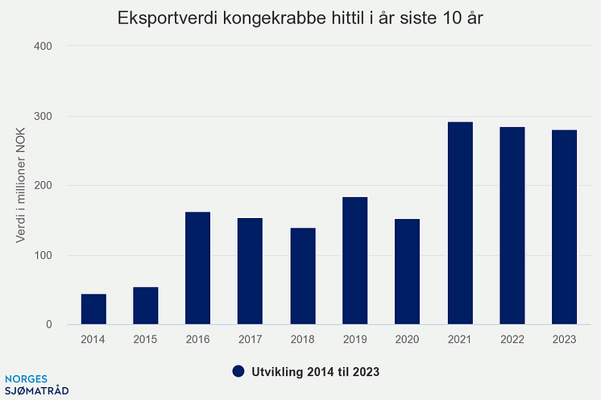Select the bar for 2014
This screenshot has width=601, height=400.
coord(93,309)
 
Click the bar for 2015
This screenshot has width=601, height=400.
coord(146,306)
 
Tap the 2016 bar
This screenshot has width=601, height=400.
coord(198,268)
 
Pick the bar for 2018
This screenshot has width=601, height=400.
coord(303,276)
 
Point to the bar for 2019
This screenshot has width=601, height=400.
coord(355,261)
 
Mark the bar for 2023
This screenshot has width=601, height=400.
coord(564,227)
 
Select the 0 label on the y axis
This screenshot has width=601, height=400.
coord(49,325)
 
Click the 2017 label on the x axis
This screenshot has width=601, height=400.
coord(251,340)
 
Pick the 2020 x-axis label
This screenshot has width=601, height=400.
coord(408,340)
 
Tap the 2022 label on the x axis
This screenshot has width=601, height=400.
coord(512,340)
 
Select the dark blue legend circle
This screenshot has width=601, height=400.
coord(238,371)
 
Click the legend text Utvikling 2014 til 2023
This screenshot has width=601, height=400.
coord(315,371)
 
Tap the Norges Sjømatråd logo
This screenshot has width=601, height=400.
coord(36,384)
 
